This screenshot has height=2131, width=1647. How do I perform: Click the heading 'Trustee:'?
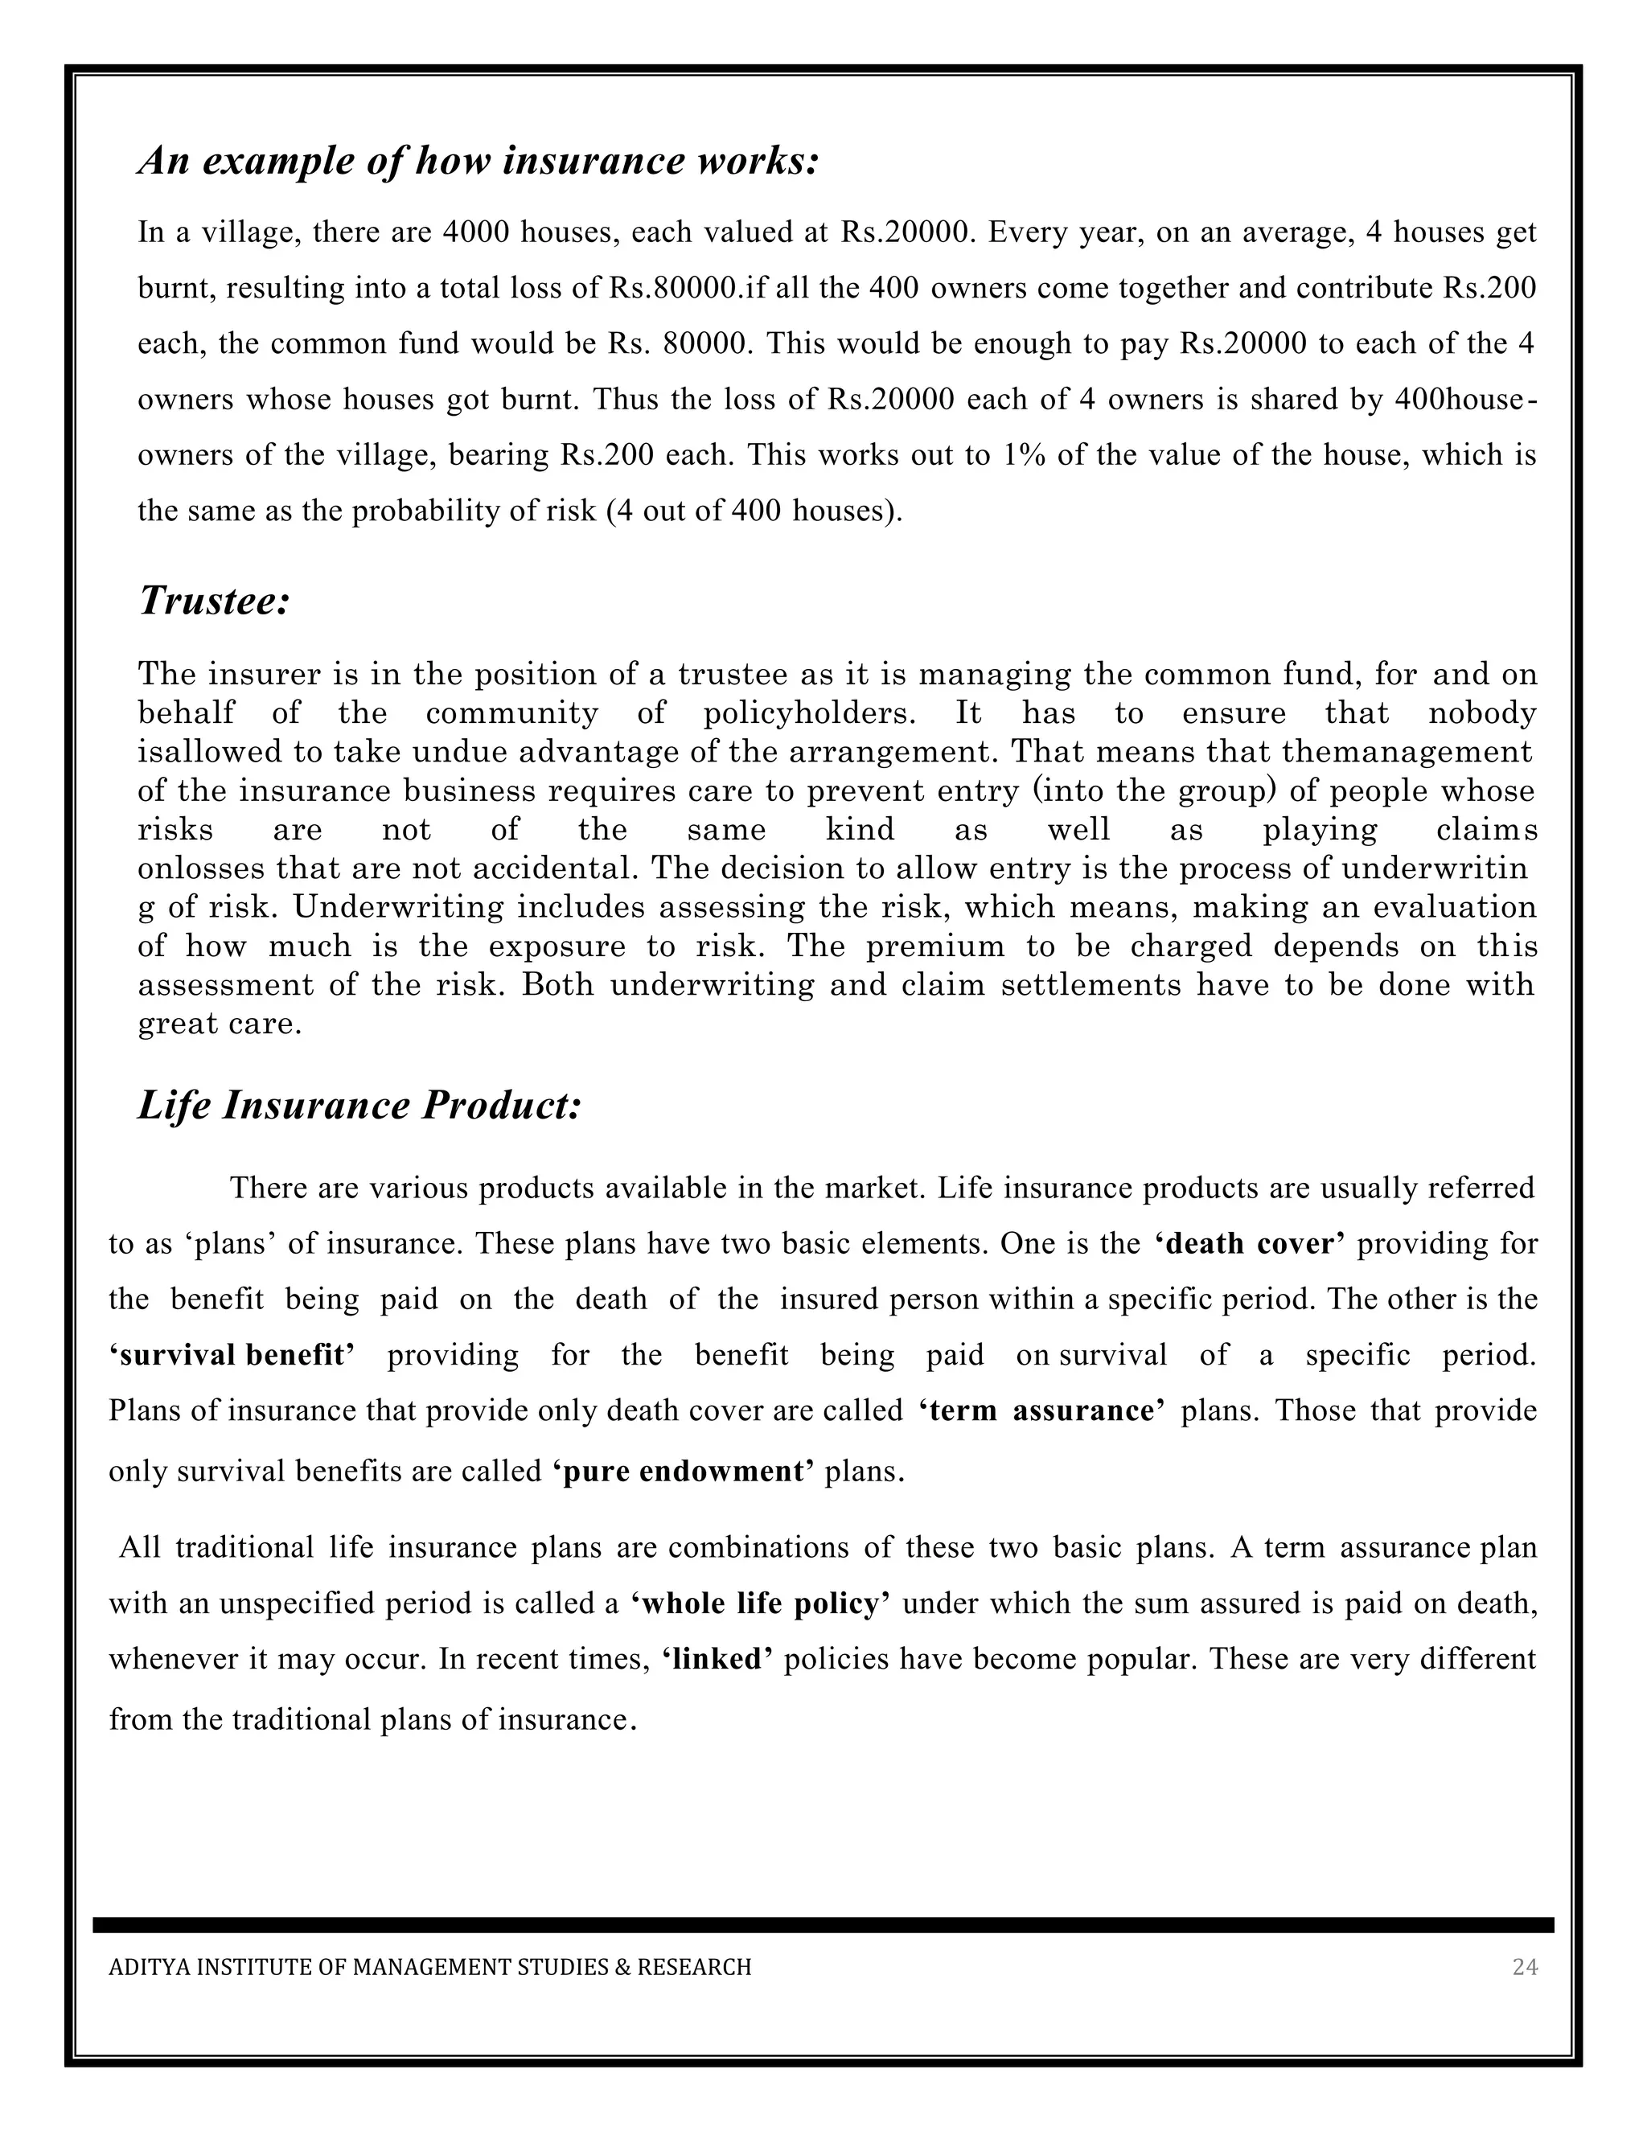[215, 600]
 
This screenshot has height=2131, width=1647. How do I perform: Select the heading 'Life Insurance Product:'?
[359, 1106]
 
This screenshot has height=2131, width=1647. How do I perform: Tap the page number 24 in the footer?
[1524, 1967]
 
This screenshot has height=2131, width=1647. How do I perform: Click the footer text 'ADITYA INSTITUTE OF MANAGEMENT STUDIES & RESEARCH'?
[429, 1967]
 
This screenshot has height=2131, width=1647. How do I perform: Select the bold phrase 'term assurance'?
[1042, 1411]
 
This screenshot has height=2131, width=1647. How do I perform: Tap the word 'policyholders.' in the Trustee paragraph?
[809, 713]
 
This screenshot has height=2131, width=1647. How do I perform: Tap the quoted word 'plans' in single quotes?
[232, 1245]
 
